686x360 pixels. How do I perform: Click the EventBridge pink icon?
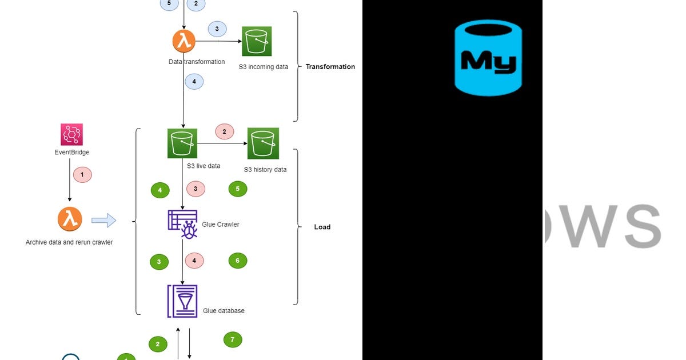(71, 135)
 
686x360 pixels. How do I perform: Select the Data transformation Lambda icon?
(184, 41)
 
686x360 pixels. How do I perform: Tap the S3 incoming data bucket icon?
(257, 41)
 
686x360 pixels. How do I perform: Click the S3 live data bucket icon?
(182, 143)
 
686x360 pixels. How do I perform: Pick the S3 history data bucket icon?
(263, 143)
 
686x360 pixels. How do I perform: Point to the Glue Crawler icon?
(182, 224)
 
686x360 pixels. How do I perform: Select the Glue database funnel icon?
(182, 301)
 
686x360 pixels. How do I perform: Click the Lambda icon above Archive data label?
(70, 219)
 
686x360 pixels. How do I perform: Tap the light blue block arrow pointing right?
(103, 220)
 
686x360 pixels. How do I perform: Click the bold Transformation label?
(330, 67)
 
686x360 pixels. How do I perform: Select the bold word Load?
(322, 227)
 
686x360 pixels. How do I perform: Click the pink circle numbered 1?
(82, 174)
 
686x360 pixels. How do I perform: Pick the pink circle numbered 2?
(224, 131)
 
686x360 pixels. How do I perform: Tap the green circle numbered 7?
(232, 340)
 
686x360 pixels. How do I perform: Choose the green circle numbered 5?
(238, 189)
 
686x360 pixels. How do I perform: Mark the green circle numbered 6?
(238, 261)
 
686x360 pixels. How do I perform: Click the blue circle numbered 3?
(217, 29)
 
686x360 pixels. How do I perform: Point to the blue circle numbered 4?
(194, 82)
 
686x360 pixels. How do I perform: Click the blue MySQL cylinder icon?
(488, 57)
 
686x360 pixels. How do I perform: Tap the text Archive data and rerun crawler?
(69, 242)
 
